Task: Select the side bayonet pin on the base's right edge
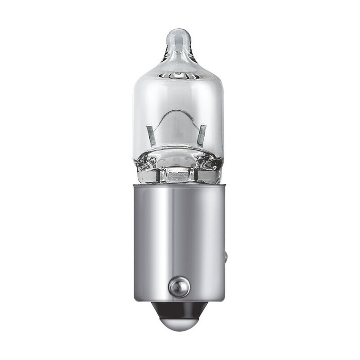point(226,258)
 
